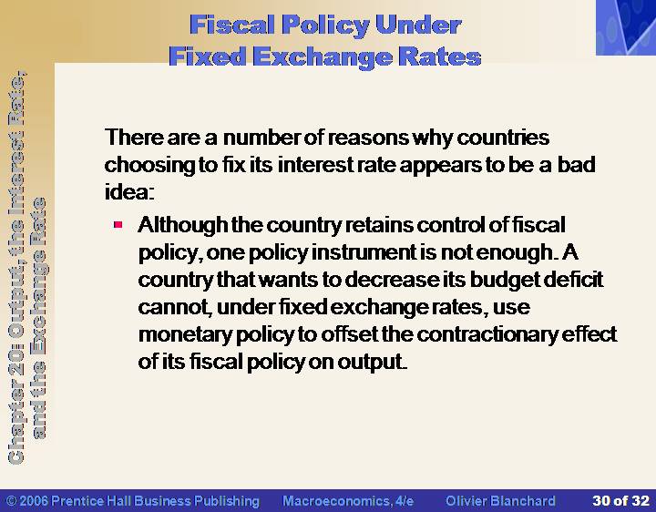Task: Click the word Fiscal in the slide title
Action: click(x=232, y=25)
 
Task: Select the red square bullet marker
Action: click(x=118, y=225)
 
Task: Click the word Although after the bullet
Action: click(x=183, y=226)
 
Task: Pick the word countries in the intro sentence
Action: click(x=503, y=138)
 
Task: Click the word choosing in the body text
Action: click(x=149, y=166)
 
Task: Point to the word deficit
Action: click(x=573, y=280)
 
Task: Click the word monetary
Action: click(x=185, y=335)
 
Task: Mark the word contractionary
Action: click(x=487, y=334)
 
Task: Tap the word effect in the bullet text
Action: click(x=589, y=334)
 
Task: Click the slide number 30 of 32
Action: click(x=620, y=501)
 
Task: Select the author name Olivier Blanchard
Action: click(x=500, y=501)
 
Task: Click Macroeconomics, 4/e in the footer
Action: click(x=348, y=501)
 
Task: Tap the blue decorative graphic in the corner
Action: click(x=626, y=27)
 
